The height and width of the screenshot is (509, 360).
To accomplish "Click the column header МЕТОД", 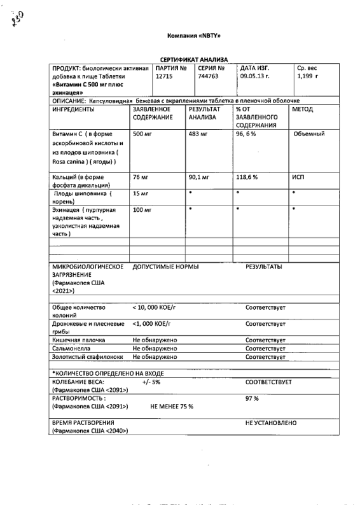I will pos(302,109).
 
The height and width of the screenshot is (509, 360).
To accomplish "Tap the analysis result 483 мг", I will pos(198,134).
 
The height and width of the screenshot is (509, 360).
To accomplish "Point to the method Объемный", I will pos(310,134).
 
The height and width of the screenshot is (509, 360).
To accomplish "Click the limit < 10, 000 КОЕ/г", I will pos(157,307).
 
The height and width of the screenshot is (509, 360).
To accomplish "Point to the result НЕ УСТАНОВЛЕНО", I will pos(270,422).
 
